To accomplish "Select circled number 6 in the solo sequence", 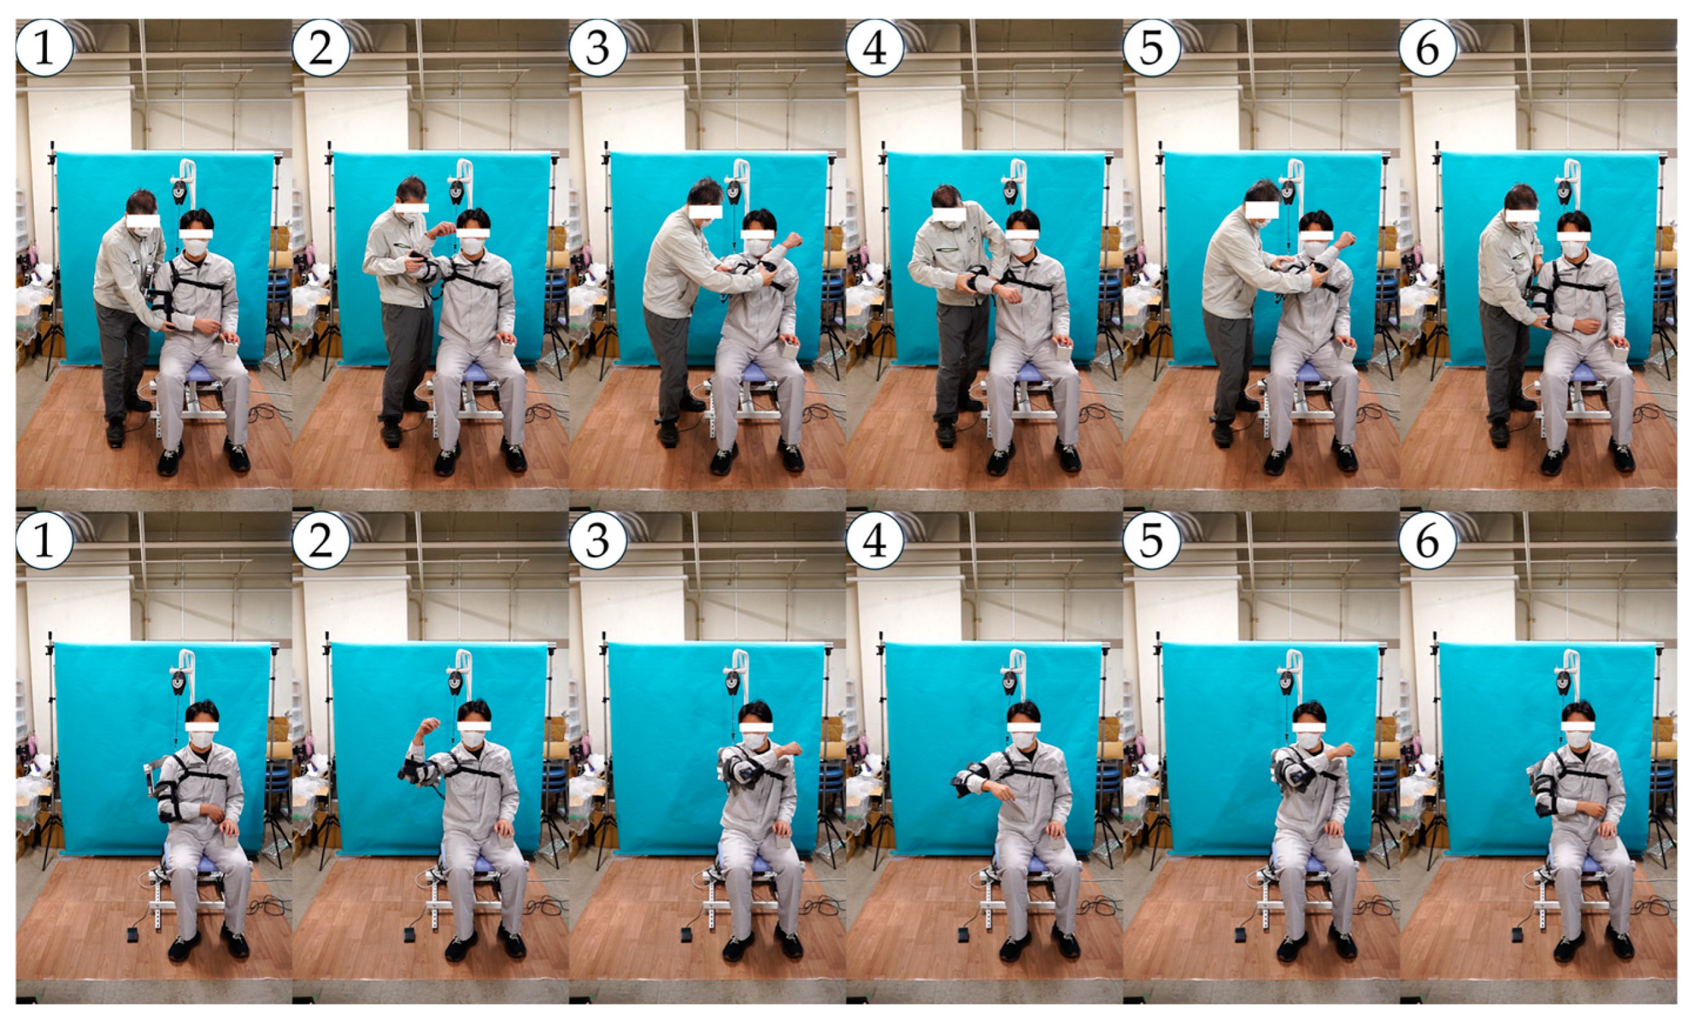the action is click(x=1428, y=540).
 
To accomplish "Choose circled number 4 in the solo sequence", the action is click(x=875, y=540).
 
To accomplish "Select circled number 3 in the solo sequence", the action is click(x=598, y=540).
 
